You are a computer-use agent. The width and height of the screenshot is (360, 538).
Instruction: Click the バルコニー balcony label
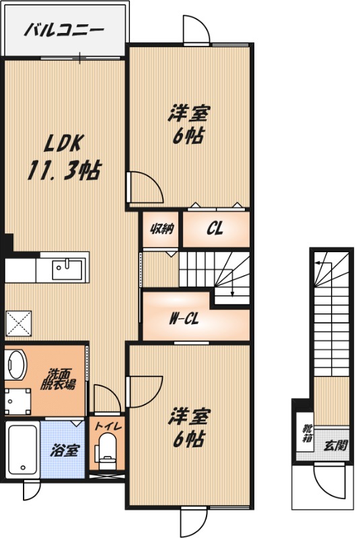[64, 30]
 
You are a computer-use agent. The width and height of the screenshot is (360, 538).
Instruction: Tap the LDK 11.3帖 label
[63, 157]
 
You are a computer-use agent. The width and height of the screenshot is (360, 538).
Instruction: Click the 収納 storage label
[161, 229]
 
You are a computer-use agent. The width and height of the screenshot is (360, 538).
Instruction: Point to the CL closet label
[215, 228]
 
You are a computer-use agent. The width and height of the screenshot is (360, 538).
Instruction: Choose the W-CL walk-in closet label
[184, 319]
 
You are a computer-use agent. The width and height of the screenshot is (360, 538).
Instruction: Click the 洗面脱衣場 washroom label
[58, 379]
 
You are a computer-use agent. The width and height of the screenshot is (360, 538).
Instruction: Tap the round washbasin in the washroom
[15, 364]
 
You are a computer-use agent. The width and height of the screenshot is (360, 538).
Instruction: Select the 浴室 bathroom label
[65, 450]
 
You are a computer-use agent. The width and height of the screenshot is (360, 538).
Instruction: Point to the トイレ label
[108, 426]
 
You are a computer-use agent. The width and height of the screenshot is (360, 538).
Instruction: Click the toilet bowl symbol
[107, 451]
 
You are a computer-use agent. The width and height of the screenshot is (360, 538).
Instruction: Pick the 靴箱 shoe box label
[307, 433]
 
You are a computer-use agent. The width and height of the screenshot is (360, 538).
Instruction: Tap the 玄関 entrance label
[336, 445]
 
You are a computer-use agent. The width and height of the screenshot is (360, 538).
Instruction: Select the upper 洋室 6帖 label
[188, 125]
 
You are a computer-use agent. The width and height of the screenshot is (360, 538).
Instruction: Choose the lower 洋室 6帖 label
[188, 428]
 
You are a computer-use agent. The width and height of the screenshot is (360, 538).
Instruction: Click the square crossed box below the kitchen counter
[19, 323]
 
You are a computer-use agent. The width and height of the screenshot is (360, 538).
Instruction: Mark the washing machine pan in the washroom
[18, 401]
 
